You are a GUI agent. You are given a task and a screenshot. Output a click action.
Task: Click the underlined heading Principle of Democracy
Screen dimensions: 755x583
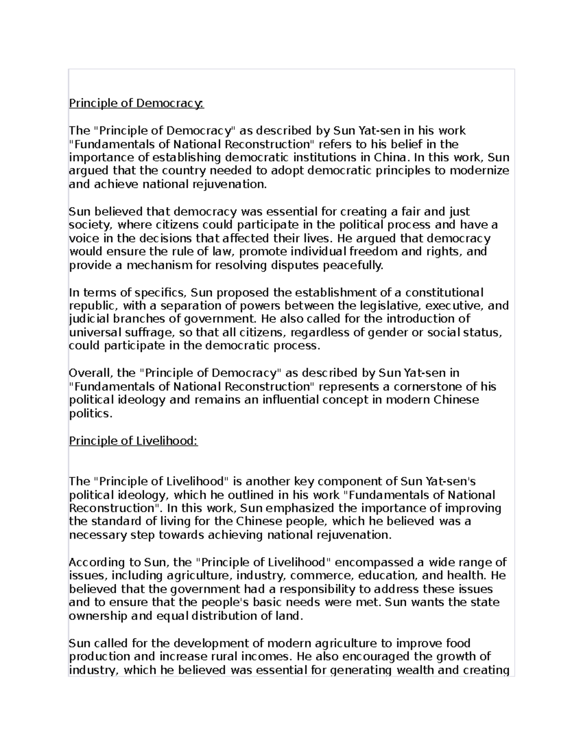[x=136, y=104]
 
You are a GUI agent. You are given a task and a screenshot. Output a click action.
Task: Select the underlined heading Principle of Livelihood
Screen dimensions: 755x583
[x=133, y=441]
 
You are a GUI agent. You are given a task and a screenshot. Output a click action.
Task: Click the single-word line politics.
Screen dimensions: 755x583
[x=90, y=414]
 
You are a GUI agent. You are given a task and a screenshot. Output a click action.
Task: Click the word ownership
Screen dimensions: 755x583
[x=99, y=616]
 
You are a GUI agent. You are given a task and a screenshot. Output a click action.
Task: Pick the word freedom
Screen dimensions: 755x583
[x=373, y=252]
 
